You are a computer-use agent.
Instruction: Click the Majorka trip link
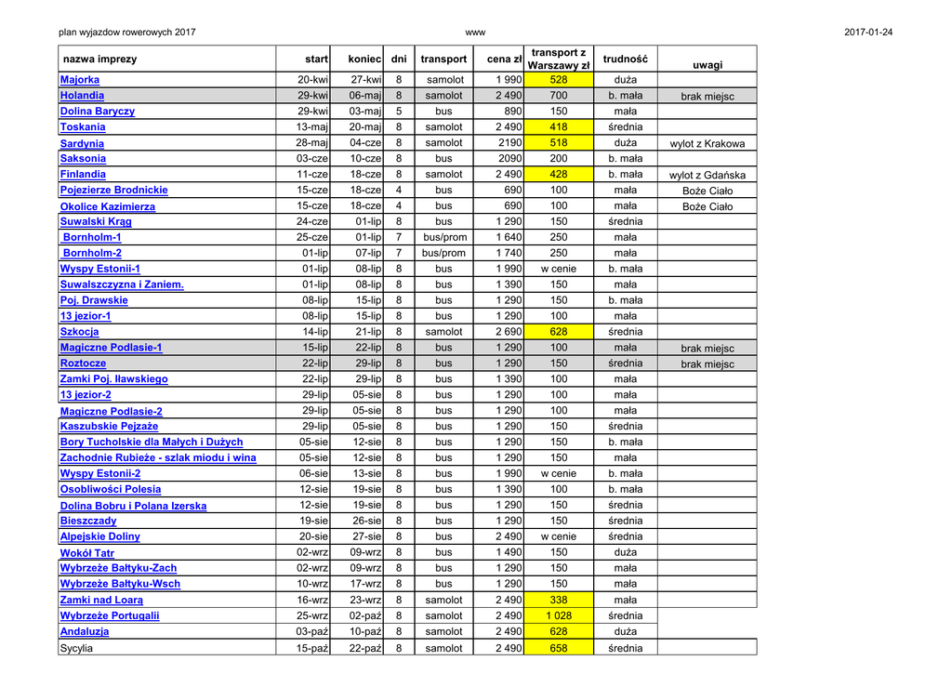(x=80, y=80)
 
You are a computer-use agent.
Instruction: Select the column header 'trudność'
(x=625, y=59)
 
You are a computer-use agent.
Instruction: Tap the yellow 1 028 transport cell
(x=558, y=615)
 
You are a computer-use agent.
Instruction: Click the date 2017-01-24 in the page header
(x=868, y=33)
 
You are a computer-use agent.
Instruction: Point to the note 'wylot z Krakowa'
(x=707, y=144)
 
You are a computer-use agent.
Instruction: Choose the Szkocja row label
(x=79, y=332)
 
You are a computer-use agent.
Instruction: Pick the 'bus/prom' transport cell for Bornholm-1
(x=443, y=237)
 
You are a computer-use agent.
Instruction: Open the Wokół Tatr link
(x=87, y=553)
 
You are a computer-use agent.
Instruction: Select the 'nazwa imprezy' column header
(x=99, y=59)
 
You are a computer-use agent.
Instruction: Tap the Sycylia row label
(x=76, y=648)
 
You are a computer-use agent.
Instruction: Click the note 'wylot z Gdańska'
(x=707, y=175)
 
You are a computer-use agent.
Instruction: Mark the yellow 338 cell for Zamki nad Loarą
(x=558, y=600)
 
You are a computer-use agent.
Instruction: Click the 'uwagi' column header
(x=707, y=65)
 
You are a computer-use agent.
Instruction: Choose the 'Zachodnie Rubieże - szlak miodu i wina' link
(x=158, y=457)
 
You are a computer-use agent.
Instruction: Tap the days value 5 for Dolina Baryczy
(x=399, y=112)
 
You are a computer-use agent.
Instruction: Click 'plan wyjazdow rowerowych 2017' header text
(x=126, y=33)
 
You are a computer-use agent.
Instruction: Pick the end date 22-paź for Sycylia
(x=364, y=648)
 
